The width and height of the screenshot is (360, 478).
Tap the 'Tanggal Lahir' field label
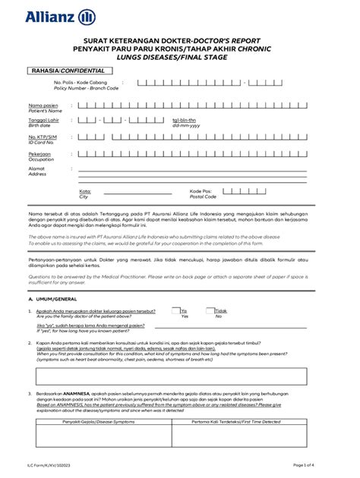[43, 120]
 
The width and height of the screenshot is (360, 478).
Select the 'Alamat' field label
[37, 168]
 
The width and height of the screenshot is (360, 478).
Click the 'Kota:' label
[85, 191]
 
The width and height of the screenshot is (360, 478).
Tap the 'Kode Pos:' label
[201, 191]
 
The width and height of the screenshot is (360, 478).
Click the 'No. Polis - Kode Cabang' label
[79, 83]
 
